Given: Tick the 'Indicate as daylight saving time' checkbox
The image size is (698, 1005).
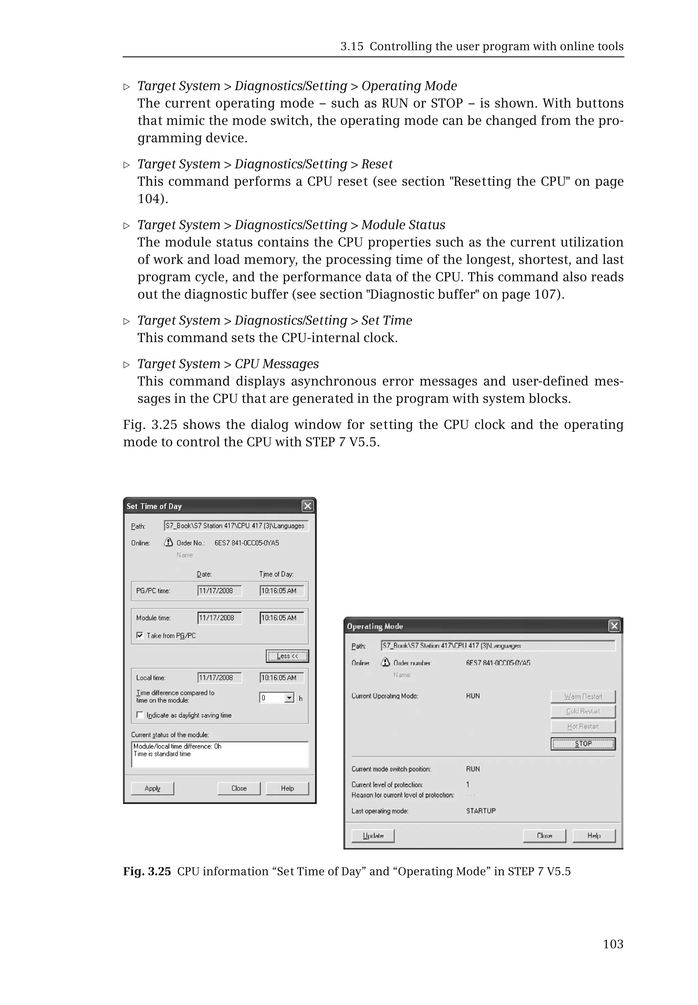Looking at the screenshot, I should pos(140,715).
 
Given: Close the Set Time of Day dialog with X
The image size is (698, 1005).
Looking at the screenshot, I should pos(307,506).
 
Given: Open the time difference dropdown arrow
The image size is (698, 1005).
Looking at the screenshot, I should pos(289,698).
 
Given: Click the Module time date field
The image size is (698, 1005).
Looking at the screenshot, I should pos(219,618).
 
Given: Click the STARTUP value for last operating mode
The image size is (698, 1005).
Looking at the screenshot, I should pos(481,811).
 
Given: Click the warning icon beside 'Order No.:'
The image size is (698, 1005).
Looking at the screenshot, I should pos(168,542).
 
